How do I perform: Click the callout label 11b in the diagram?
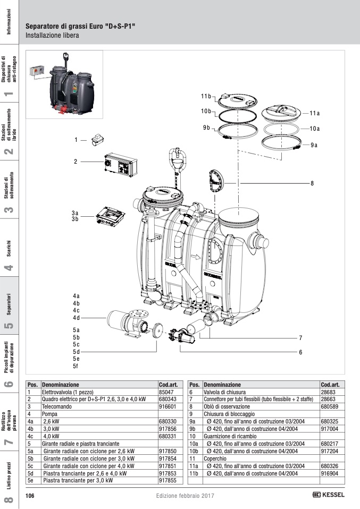[206, 96]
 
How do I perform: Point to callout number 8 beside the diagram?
[313, 183]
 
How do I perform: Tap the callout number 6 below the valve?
[300, 352]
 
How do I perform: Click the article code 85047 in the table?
[166, 391]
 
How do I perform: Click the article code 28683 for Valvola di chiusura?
[328, 391]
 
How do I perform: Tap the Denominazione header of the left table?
[61, 384]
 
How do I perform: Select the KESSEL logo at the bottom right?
[328, 495]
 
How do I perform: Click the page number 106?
[30, 495]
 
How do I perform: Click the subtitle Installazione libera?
[52, 36]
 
